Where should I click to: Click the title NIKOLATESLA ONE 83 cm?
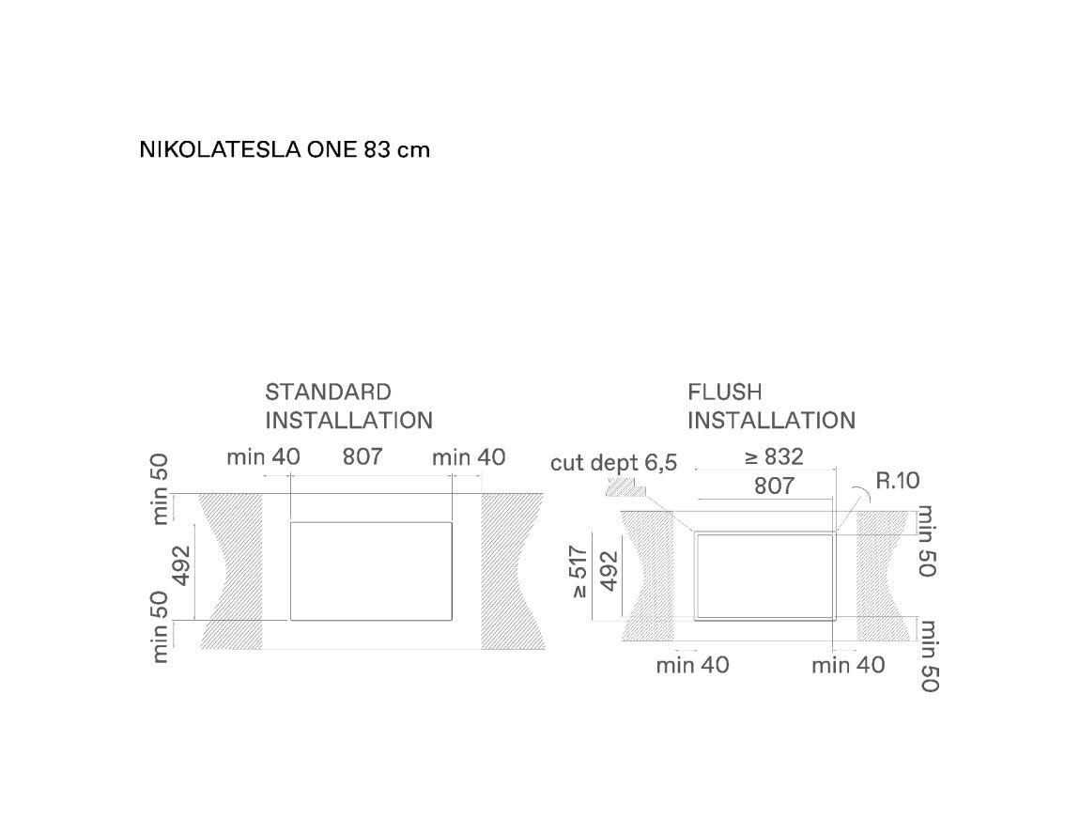(285, 149)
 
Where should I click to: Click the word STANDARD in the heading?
(328, 392)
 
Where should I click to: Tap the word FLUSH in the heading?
(725, 392)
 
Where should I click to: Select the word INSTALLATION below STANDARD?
(349, 421)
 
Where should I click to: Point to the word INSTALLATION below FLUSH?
(771, 421)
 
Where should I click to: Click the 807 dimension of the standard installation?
(363, 456)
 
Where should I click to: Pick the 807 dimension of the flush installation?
(774, 486)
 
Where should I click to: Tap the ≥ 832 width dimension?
(774, 456)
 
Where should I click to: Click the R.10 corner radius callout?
(898, 480)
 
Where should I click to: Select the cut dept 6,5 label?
(613, 462)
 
